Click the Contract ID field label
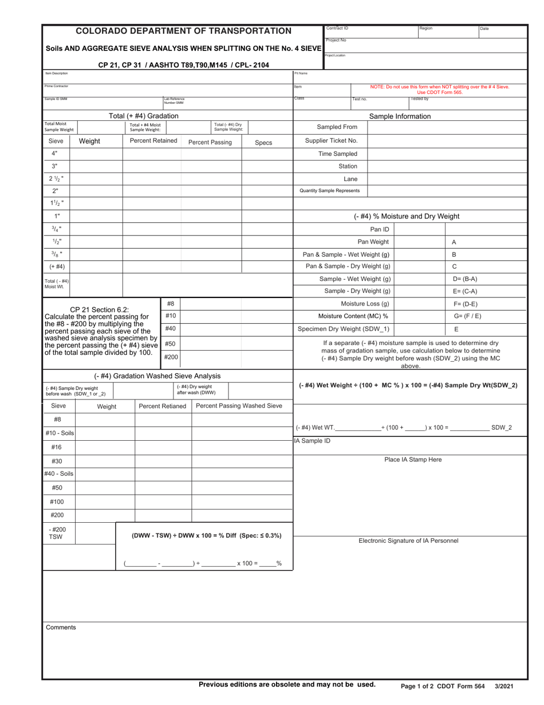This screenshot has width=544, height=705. click(x=337, y=28)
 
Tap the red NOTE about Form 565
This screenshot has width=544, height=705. click(x=440, y=89)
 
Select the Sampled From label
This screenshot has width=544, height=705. click(x=337, y=127)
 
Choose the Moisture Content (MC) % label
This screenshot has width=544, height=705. click(x=353, y=316)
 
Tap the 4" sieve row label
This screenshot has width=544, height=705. click(x=56, y=153)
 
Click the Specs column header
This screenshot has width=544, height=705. click(x=263, y=142)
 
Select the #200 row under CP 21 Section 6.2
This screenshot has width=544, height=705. click(x=171, y=357)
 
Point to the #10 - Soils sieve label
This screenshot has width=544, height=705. click(x=59, y=433)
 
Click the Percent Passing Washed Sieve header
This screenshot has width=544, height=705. click(x=239, y=406)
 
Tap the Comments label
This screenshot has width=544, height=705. click(x=61, y=628)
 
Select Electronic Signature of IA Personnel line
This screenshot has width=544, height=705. click(x=408, y=540)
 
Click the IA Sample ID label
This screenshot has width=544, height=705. click(x=312, y=441)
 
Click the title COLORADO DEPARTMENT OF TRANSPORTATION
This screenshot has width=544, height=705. click(x=184, y=31)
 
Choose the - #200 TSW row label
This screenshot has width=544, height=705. click(x=57, y=533)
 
